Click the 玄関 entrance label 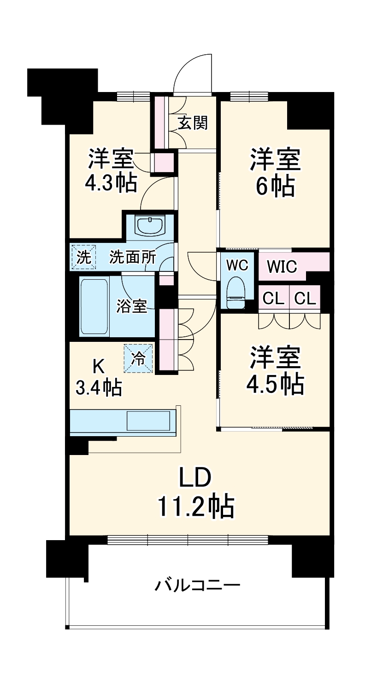click(193, 123)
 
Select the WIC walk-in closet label click(282, 267)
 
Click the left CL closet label click(273, 299)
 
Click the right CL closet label click(305, 299)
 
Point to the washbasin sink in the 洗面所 click(150, 225)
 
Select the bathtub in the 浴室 click(94, 306)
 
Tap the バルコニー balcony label click(197, 586)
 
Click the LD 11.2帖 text click(196, 493)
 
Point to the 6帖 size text click(275, 186)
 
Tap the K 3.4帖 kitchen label click(99, 377)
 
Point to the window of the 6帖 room click(249, 96)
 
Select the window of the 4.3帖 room click(134, 96)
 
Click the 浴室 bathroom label click(132, 306)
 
